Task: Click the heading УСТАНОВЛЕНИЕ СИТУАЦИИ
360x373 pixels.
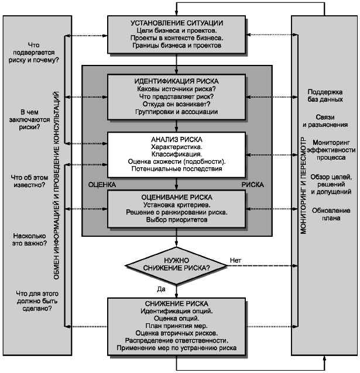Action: (177, 23)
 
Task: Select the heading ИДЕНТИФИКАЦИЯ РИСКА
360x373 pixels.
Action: (177, 81)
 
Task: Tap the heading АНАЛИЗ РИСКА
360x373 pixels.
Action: (177, 140)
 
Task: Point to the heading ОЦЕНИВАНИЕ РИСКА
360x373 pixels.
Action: (177, 197)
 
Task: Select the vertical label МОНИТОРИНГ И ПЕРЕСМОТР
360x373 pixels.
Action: (304, 186)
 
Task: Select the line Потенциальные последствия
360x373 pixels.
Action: (177, 170)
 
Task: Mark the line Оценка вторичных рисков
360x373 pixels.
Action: (177, 333)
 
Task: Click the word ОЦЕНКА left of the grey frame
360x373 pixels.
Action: (101, 184)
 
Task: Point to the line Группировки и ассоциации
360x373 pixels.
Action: (177, 111)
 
